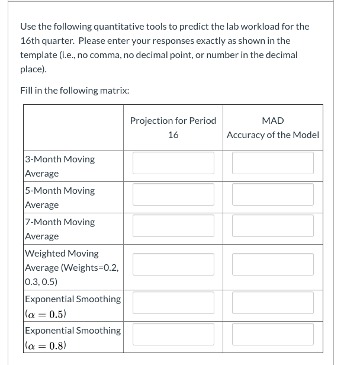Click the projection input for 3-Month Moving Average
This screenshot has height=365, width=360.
click(x=173, y=163)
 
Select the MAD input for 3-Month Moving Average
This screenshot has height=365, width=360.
click(x=272, y=163)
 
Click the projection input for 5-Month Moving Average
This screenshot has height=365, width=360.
click(x=173, y=194)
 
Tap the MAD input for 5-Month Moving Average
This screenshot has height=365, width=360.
click(x=272, y=194)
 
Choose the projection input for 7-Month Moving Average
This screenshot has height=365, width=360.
click(x=173, y=226)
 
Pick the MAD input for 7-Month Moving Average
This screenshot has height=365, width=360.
click(x=272, y=226)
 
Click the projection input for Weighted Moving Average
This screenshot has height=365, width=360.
click(x=173, y=264)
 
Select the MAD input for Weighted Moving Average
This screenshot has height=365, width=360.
click(x=272, y=264)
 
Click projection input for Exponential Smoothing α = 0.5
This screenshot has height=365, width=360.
click(x=173, y=303)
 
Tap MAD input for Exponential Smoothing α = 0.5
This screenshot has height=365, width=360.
click(x=272, y=303)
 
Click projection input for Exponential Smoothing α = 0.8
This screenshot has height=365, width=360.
click(x=173, y=334)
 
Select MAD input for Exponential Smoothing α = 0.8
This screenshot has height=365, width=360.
click(x=272, y=334)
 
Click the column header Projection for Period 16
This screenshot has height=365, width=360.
click(x=173, y=127)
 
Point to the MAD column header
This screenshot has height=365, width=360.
click(x=272, y=121)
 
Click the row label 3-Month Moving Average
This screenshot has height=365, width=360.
click(x=59, y=166)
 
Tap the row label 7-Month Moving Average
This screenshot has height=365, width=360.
click(x=59, y=229)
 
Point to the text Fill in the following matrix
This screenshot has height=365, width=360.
click(x=75, y=90)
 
